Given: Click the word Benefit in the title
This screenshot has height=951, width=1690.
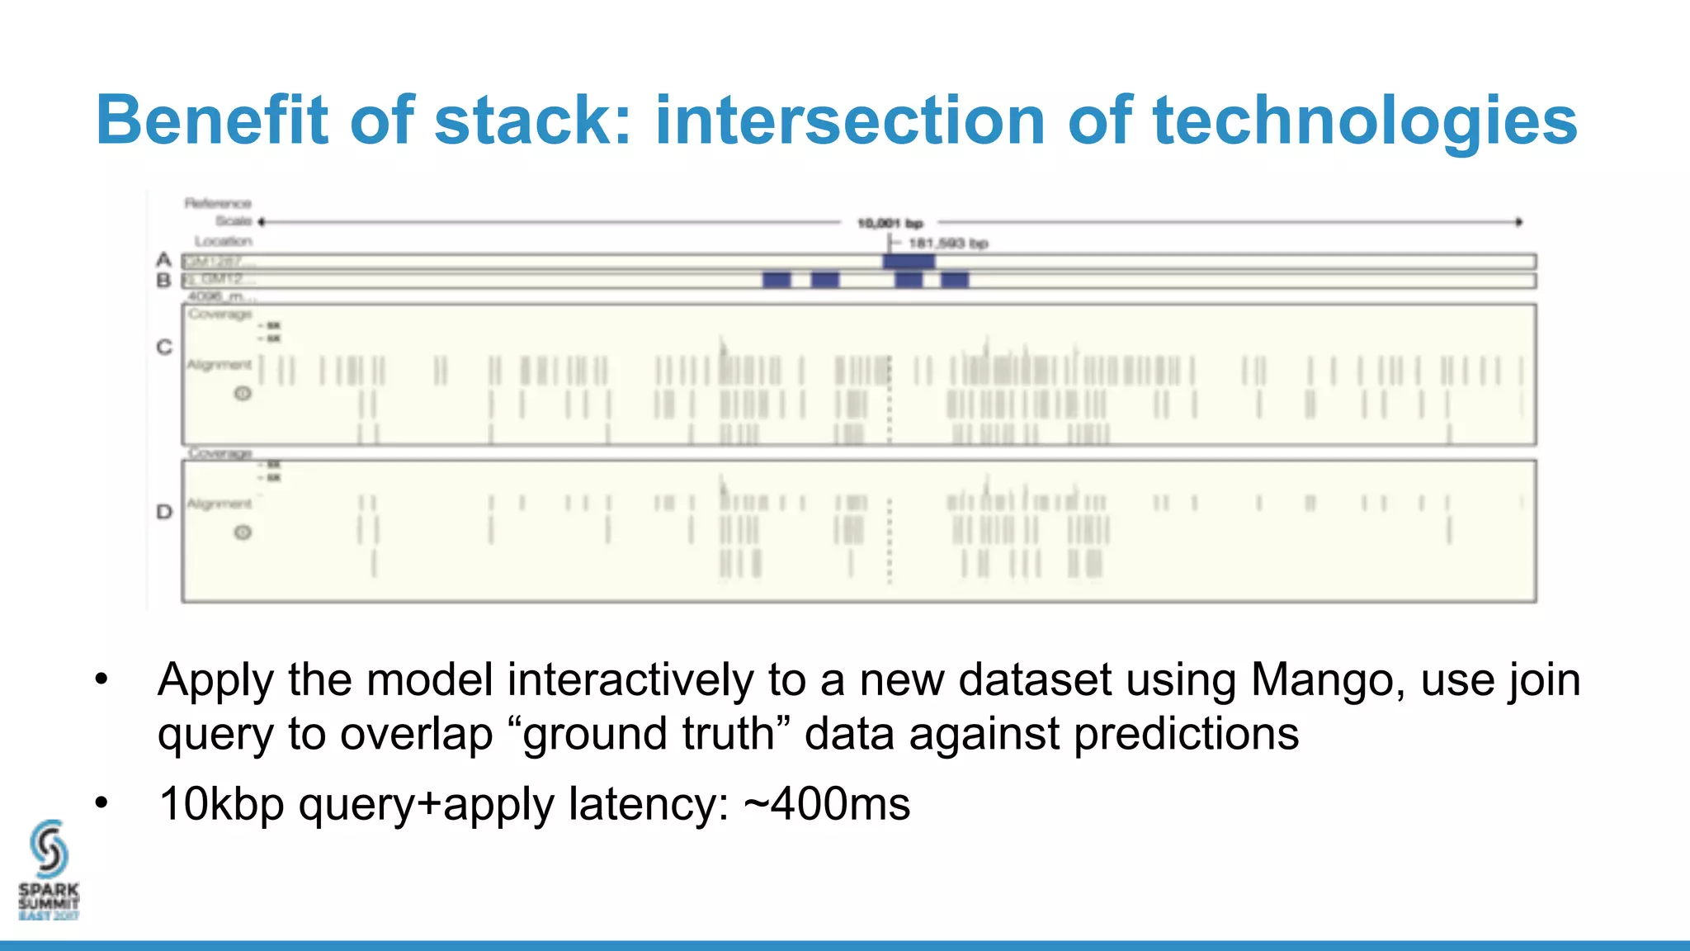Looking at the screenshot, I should [x=212, y=121].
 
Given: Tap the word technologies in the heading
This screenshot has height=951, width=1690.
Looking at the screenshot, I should [x=1365, y=121].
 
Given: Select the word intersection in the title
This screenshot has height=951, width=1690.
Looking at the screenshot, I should [x=850, y=121].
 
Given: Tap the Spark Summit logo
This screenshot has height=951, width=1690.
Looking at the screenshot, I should [x=49, y=871].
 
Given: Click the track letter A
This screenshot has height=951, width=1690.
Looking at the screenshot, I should [x=163, y=260].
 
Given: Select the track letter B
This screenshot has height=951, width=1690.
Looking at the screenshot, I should [x=163, y=281].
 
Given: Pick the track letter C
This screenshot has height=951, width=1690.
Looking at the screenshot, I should [x=164, y=348].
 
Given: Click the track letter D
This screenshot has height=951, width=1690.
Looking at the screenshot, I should [x=164, y=512].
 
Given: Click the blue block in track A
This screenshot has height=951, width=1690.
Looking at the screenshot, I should [x=909, y=262].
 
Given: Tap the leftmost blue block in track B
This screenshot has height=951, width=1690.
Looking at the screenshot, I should [x=777, y=280].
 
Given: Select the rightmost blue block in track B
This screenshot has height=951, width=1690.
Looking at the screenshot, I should [x=955, y=280].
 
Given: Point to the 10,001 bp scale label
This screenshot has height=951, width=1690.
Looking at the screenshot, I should [x=890, y=223].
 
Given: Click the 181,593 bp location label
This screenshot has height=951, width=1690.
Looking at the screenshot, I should [x=947, y=244].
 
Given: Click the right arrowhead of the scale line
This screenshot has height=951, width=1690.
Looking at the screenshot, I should [x=1518, y=221].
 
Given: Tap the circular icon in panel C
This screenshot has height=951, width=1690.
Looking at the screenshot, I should [x=243, y=394].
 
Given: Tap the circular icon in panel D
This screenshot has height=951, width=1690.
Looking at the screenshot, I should [x=243, y=532].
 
